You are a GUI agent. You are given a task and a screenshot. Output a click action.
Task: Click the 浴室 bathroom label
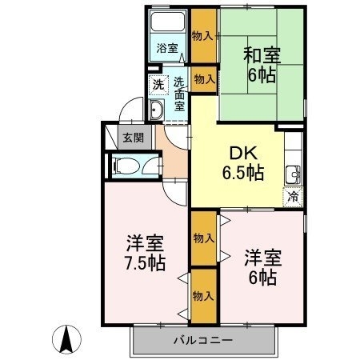point(166,46)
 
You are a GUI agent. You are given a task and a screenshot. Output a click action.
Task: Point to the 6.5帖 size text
point(243,172)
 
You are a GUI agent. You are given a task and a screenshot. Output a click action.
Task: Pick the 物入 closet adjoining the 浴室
point(203,36)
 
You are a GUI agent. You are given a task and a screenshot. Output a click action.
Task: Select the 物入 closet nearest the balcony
point(203,295)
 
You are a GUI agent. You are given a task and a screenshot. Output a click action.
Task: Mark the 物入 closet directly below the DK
point(203,238)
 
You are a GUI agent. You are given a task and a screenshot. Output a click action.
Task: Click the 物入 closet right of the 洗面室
point(204,78)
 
